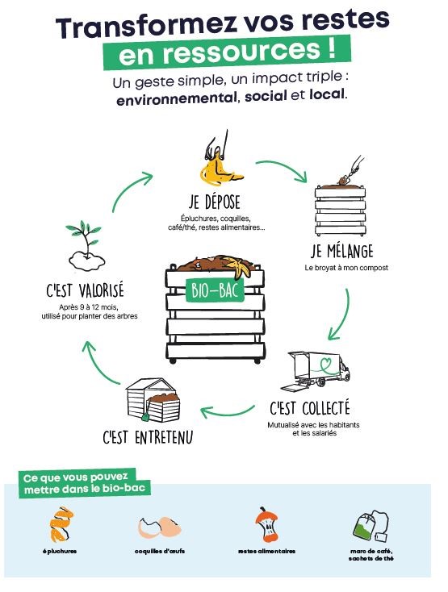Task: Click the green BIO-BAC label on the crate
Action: [215, 290]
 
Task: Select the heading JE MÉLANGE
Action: [342, 251]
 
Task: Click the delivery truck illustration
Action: [319, 369]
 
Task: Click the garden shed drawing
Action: [153, 400]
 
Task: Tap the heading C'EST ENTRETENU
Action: [148, 437]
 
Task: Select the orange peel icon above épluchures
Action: [61, 524]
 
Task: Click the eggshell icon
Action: [159, 527]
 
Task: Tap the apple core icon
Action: [266, 524]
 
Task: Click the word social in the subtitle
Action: [266, 96]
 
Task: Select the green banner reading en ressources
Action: [227, 52]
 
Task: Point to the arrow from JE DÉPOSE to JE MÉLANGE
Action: [281, 168]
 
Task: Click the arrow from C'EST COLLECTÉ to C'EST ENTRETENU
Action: [227, 413]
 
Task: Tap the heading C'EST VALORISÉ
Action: [85, 290]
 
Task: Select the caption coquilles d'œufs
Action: [160, 551]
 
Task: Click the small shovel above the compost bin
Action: [352, 171]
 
